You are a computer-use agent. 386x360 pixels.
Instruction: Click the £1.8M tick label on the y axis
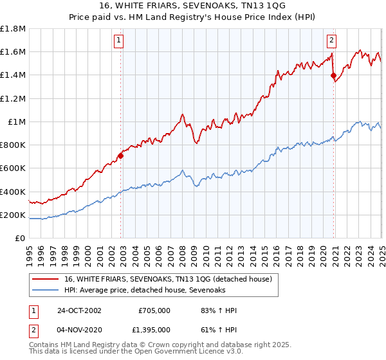[13, 29]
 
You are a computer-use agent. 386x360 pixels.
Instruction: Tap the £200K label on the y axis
[13, 215]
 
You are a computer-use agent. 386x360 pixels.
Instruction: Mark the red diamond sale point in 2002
[120, 156]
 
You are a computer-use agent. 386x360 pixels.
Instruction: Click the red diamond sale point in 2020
[333, 76]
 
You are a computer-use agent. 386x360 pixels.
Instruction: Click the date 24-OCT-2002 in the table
[79, 310]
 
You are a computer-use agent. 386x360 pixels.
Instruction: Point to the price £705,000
[154, 310]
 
